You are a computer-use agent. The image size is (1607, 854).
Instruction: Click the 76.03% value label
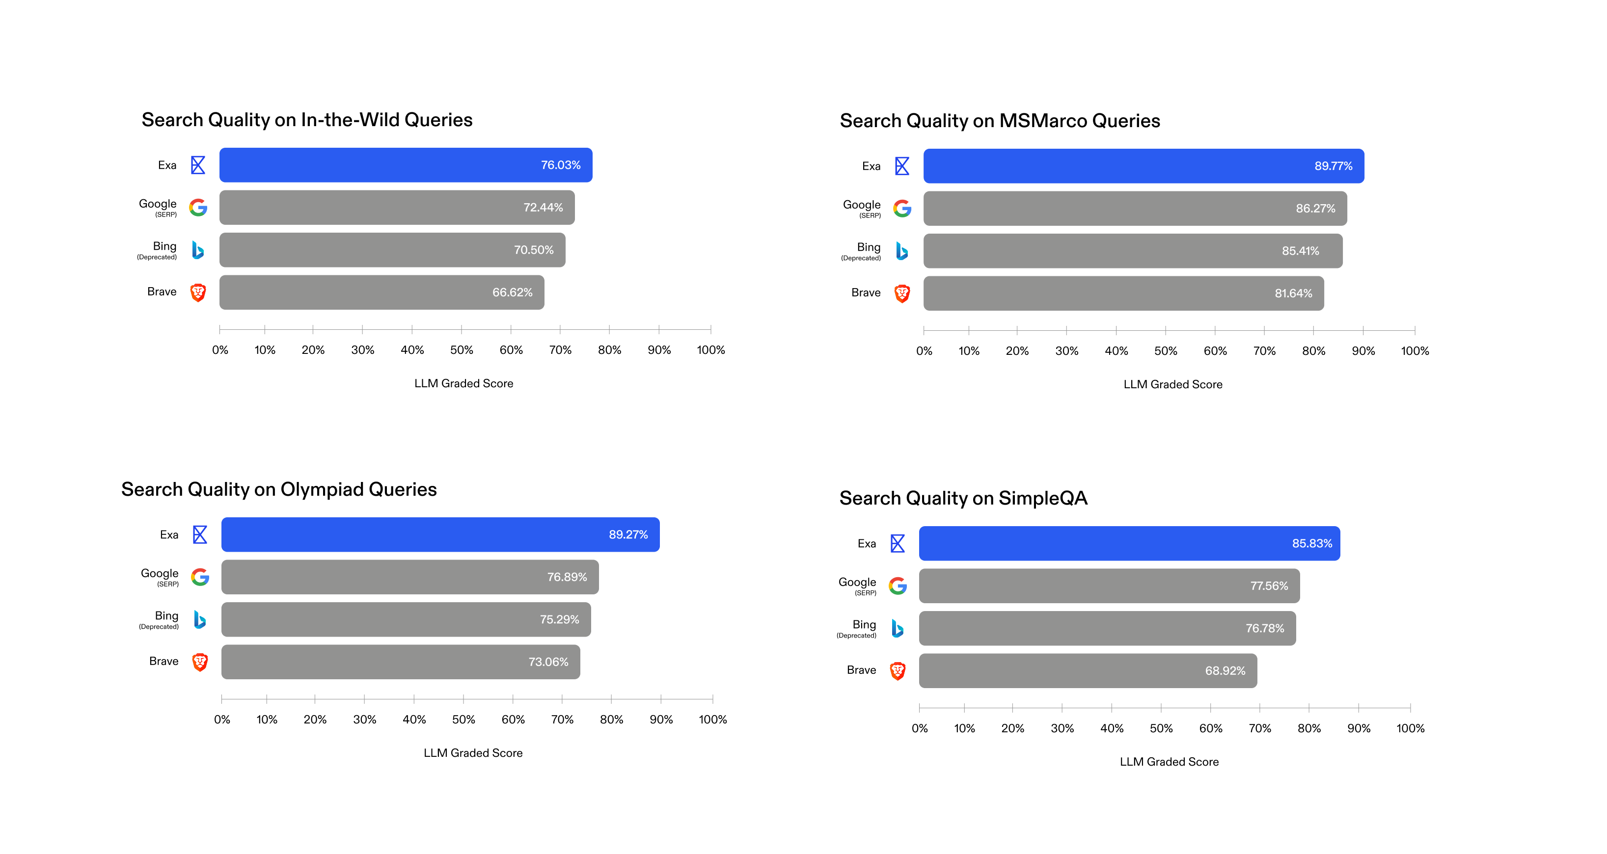tap(560, 165)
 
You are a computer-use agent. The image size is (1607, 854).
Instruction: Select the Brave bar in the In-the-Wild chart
tap(381, 293)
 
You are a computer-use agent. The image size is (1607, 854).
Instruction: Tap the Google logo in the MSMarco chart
tap(902, 209)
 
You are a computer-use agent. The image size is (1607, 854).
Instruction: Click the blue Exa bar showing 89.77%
tap(1143, 166)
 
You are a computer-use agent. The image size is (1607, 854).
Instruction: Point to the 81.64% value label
tap(1293, 293)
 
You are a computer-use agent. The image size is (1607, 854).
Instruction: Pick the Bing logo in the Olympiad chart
tap(200, 619)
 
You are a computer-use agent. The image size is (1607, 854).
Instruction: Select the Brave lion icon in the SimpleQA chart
tap(897, 670)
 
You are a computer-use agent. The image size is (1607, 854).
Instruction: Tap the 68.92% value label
tap(1225, 670)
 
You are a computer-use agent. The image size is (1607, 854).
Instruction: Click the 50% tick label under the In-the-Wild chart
tap(462, 350)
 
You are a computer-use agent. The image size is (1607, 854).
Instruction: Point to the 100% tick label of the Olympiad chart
tap(712, 719)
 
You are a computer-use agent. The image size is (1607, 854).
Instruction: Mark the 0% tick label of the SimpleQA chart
tap(920, 728)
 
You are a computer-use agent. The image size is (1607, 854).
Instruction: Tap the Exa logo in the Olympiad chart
tap(200, 534)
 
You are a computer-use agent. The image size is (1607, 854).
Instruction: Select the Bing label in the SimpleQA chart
tap(864, 624)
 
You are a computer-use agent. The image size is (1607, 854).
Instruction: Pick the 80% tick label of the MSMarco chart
tap(1313, 350)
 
